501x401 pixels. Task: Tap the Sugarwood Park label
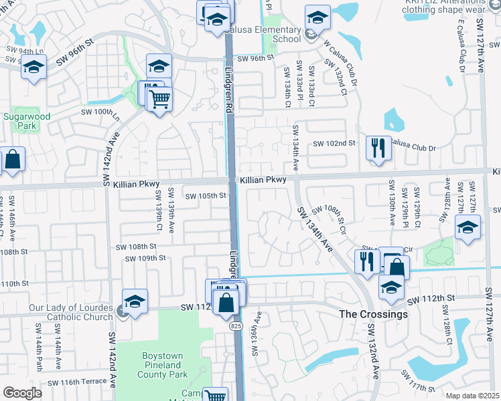point(17,121)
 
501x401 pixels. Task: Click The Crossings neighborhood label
point(373,314)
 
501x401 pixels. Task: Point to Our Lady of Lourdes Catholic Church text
point(56,313)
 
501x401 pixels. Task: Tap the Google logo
point(22,393)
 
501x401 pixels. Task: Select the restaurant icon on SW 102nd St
point(378,147)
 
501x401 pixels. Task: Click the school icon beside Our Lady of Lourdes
point(135,301)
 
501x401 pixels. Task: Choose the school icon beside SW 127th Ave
point(468,227)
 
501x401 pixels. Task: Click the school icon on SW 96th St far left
point(33,68)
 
